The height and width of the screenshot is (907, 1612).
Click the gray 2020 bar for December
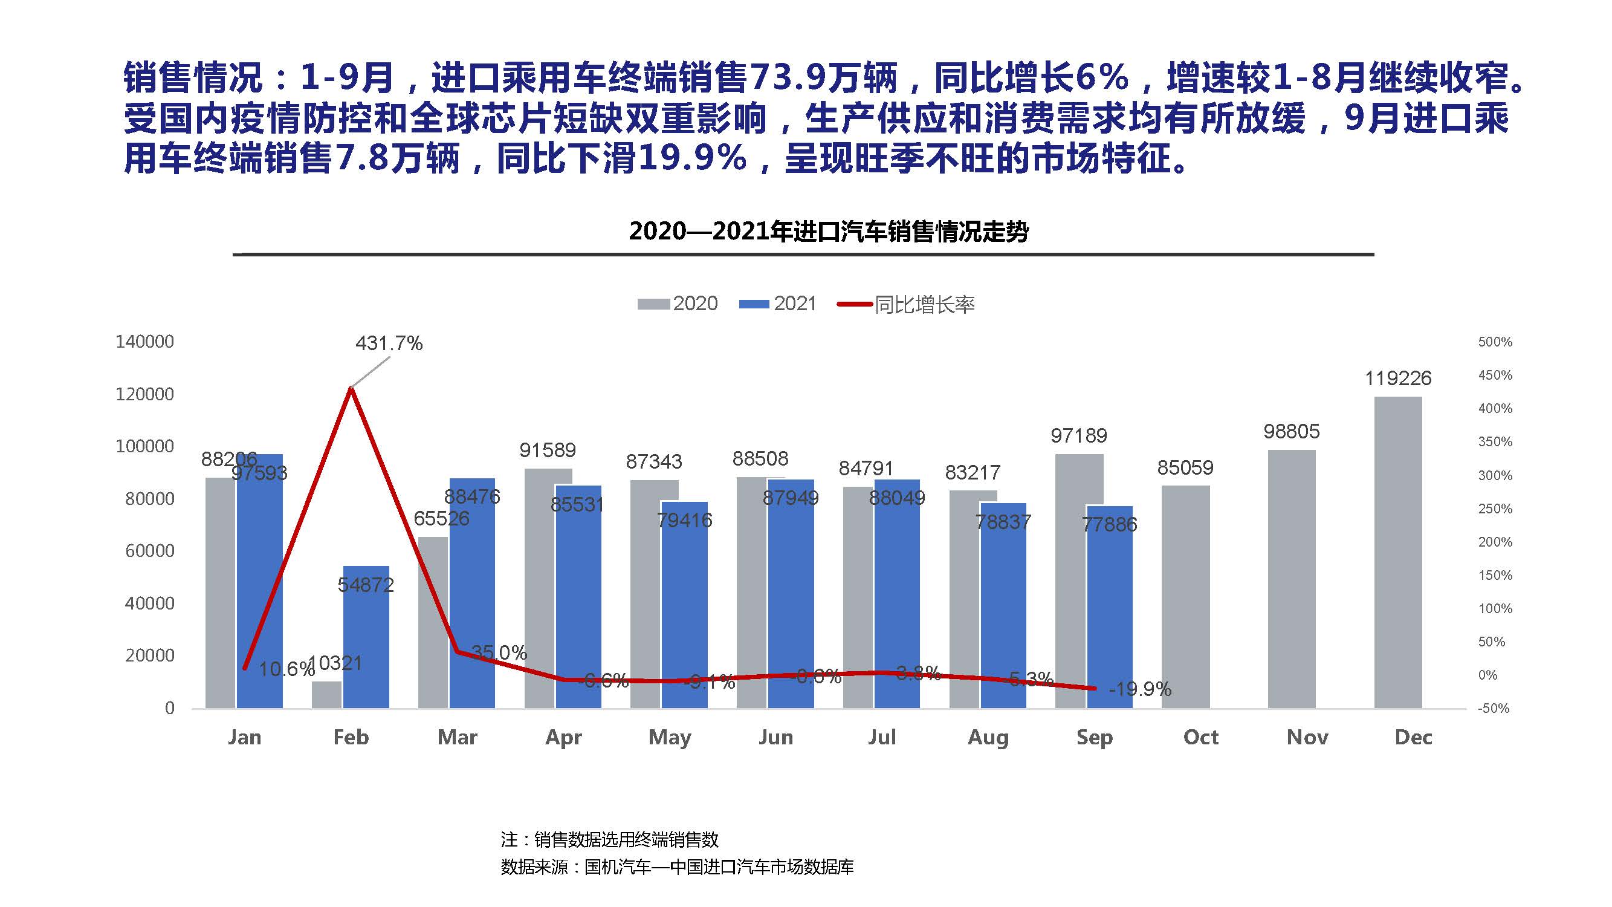[x=1398, y=551]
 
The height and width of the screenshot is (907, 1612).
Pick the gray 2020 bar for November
[x=1292, y=579]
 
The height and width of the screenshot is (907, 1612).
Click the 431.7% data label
[x=389, y=343]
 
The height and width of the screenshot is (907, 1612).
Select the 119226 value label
[x=1398, y=378]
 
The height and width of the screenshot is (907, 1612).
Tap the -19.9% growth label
[x=1139, y=689]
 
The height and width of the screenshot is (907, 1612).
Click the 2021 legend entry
[x=778, y=304]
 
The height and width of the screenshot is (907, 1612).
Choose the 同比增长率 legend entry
[x=907, y=305]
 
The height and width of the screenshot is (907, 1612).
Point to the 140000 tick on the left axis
[x=144, y=342]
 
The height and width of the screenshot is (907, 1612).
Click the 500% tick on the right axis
[x=1495, y=342]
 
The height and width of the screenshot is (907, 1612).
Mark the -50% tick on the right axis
[x=1494, y=709]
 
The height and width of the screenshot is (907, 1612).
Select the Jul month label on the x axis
[x=882, y=736]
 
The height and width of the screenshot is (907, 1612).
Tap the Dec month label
[x=1414, y=736]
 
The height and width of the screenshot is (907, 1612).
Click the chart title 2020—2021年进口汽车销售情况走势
[x=829, y=232]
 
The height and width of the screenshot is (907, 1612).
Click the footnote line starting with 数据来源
[x=677, y=867]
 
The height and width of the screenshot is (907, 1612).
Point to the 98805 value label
[x=1292, y=431]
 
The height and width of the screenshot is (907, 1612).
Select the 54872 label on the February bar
[x=366, y=585]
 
